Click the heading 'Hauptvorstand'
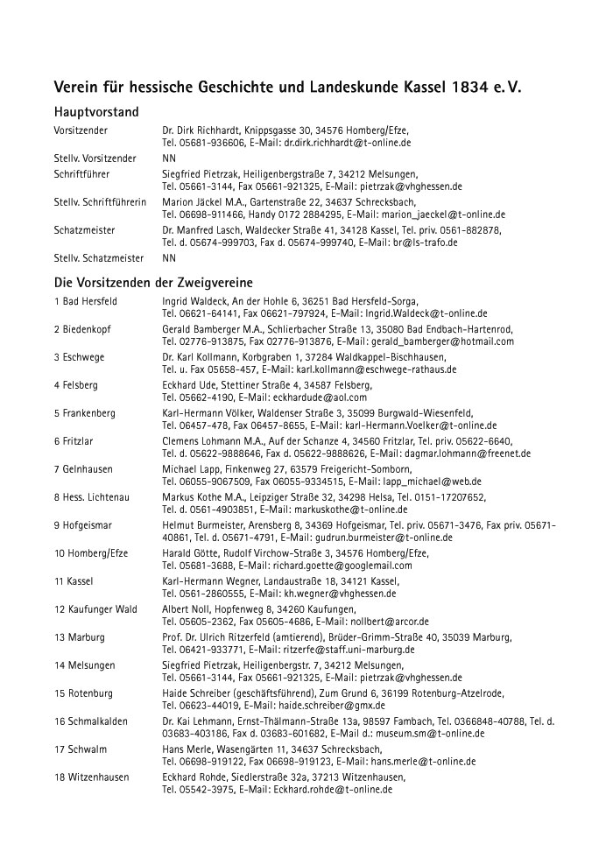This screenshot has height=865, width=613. pos(96,113)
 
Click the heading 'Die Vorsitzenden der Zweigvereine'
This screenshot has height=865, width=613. pos(153,283)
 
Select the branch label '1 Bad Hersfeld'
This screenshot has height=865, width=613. pos(85,301)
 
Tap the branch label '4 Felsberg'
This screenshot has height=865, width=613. pos(75,385)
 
